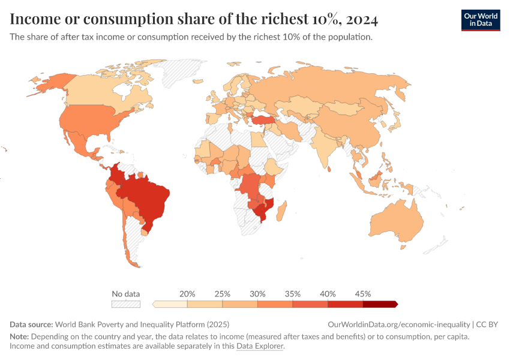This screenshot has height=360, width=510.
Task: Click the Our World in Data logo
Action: [x=480, y=20]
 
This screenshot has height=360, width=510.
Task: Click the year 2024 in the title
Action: [x=361, y=20]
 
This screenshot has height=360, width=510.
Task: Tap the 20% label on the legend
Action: [x=187, y=294]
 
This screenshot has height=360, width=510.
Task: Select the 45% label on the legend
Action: [x=362, y=294]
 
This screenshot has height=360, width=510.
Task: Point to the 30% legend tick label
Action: [x=257, y=294]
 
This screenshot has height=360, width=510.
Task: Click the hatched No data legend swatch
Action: [x=126, y=304]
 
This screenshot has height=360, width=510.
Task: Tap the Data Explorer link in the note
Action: [x=260, y=346]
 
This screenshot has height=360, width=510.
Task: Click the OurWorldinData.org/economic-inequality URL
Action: [x=399, y=324]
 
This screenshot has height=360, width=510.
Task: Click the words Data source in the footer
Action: [x=31, y=324]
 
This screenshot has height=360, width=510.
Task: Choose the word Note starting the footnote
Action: [x=20, y=337]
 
